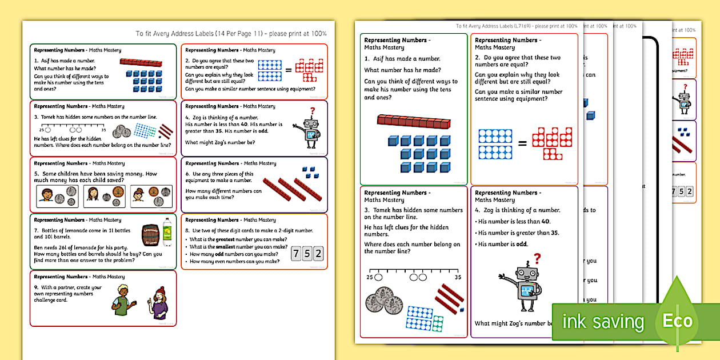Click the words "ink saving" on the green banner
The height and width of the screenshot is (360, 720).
[603, 322]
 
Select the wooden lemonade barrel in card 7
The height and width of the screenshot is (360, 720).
[151, 234]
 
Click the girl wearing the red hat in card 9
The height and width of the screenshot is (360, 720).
[159, 303]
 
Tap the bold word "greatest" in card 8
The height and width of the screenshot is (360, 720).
[231, 239]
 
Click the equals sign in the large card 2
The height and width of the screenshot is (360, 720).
[522, 143]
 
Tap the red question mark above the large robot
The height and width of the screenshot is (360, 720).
[537, 259]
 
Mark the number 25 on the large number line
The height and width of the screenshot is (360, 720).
[369, 277]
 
